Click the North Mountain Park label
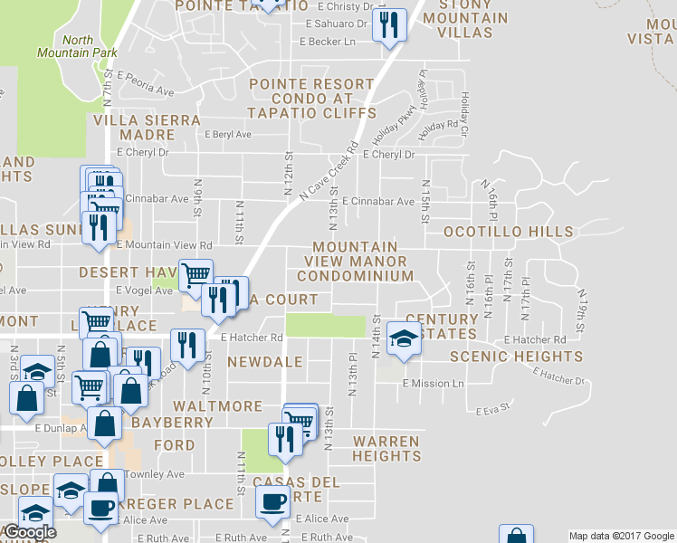tap(77, 46)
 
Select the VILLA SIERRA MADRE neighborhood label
tap(134, 127)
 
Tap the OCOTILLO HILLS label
tap(508, 233)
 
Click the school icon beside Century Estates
tap(404, 338)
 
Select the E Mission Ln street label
tap(433, 383)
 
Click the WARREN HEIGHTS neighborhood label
tap(386, 449)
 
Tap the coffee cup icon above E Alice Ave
tap(272, 500)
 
